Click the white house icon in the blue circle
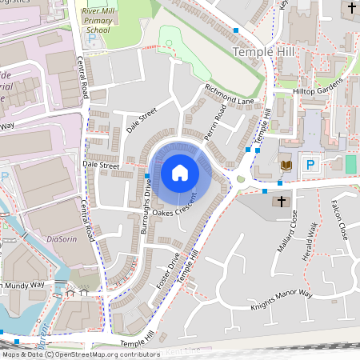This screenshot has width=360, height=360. [180, 173]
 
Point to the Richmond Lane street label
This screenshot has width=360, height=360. [229, 94]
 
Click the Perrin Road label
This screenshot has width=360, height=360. [216, 126]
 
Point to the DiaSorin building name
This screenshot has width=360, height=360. [61, 238]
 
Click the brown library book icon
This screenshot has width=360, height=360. [286, 165]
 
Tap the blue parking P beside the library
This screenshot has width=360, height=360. [312, 165]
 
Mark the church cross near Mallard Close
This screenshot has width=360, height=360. [280, 202]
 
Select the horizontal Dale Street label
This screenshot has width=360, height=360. [101, 166]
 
